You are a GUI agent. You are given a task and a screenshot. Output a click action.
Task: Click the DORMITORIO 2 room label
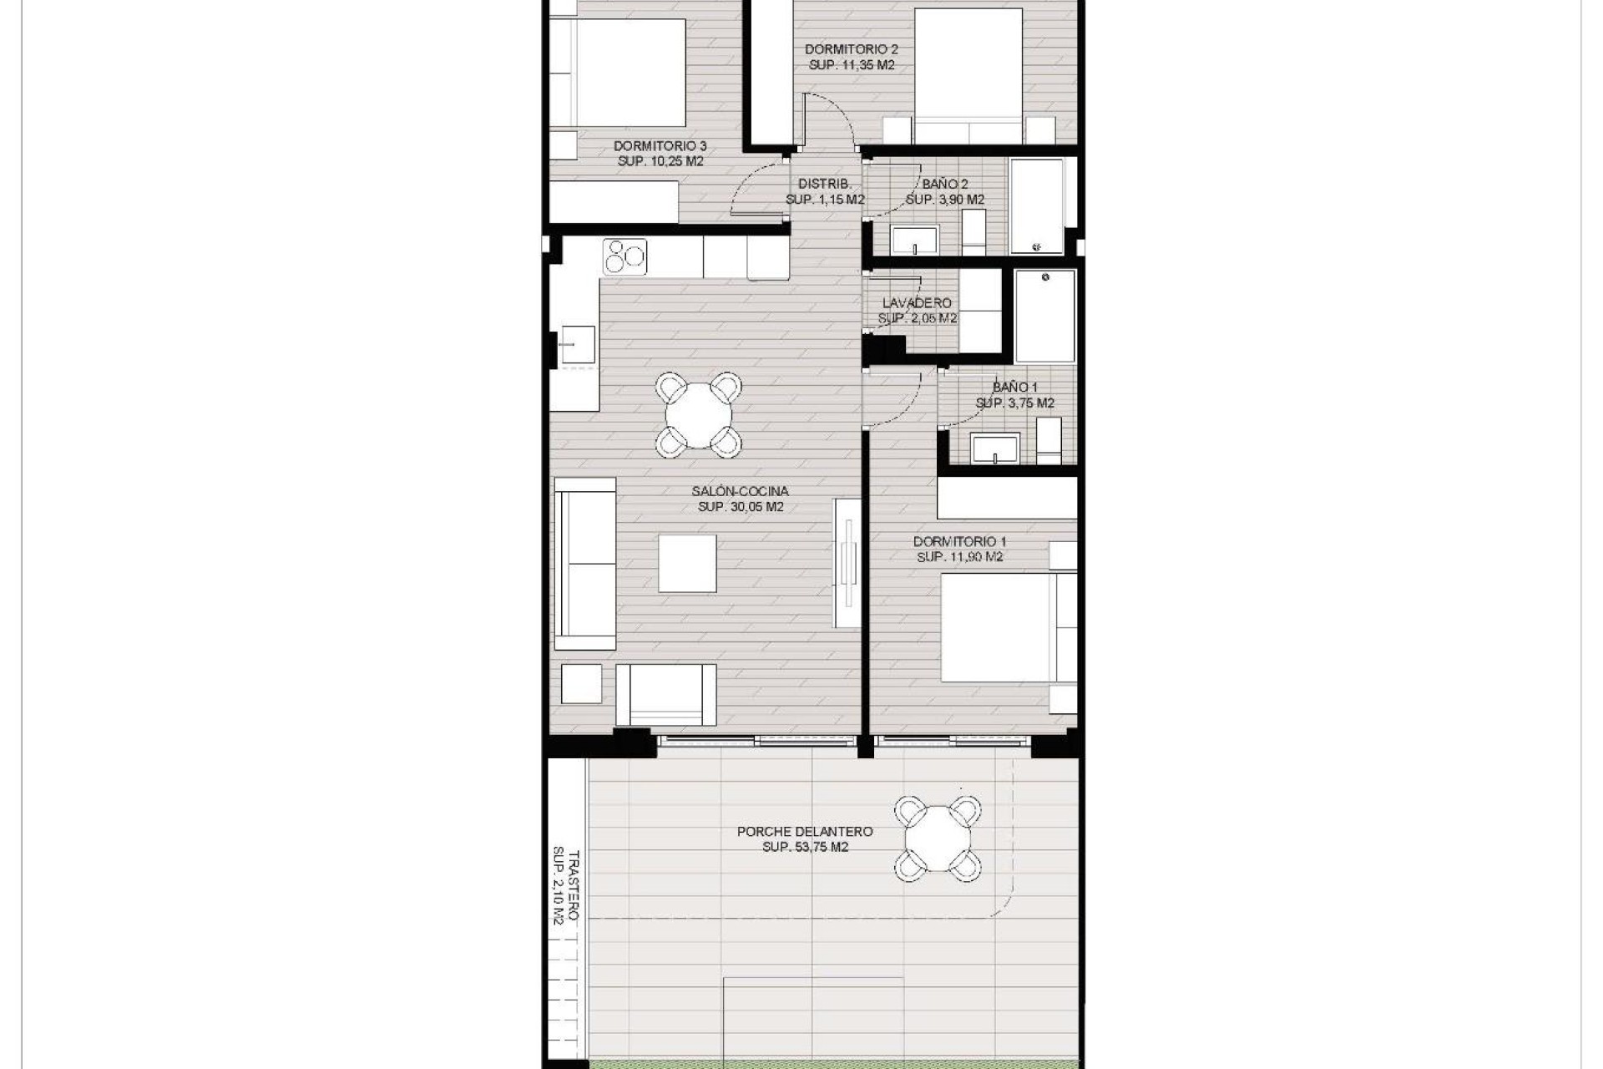pos(852,49)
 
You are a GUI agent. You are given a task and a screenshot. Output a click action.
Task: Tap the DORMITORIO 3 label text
pos(660,146)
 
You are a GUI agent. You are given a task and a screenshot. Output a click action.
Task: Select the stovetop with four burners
pos(625,256)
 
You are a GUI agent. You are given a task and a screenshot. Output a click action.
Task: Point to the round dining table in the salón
pos(699,415)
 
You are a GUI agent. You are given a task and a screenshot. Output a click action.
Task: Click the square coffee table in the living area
pos(687,564)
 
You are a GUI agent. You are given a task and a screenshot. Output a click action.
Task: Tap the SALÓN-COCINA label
pos(740,492)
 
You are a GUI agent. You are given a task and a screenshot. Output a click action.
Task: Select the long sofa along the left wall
pos(584,564)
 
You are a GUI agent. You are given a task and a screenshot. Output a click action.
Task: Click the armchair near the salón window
pos(665,694)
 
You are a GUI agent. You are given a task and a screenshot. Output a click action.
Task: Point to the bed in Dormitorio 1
pos(1002,626)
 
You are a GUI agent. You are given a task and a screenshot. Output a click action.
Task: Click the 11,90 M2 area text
pos(959,557)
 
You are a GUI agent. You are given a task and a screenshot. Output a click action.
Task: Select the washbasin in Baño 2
pos(914,241)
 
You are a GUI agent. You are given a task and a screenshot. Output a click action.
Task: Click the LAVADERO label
pos(917,303)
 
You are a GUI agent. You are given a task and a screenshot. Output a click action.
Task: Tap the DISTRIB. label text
pos(824,184)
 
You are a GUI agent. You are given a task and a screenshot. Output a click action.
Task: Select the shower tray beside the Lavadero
pos(1044,316)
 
